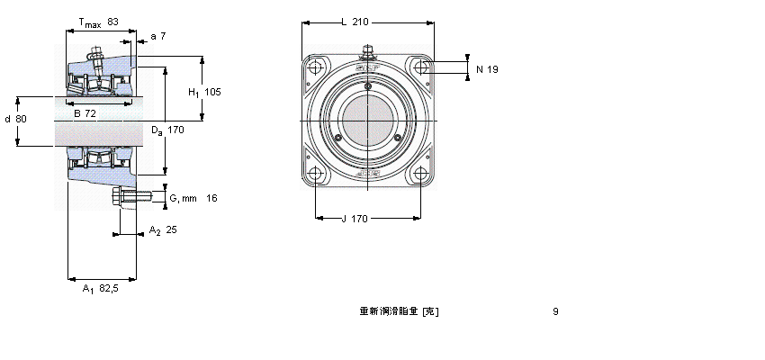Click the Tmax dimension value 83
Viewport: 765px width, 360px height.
[x=112, y=21]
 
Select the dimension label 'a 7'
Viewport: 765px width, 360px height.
[x=159, y=36]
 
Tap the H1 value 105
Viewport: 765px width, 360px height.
[x=204, y=92]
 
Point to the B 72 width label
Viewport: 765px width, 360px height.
[x=85, y=112]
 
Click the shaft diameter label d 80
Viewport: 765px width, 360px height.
[x=15, y=119]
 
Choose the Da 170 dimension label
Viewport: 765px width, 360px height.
[x=167, y=130]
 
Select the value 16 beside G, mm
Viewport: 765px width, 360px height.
[x=211, y=198]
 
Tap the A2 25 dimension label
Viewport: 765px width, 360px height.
[x=163, y=229]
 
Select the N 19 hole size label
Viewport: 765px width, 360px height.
[x=487, y=69]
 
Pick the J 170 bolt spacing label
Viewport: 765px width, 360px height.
[x=356, y=217]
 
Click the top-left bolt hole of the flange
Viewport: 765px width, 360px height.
[x=315, y=67]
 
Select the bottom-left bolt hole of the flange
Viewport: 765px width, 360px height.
[x=315, y=175]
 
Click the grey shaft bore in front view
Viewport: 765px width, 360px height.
[x=368, y=121]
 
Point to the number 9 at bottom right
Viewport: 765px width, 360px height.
[x=555, y=312]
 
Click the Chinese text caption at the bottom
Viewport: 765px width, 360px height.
[x=399, y=312]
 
